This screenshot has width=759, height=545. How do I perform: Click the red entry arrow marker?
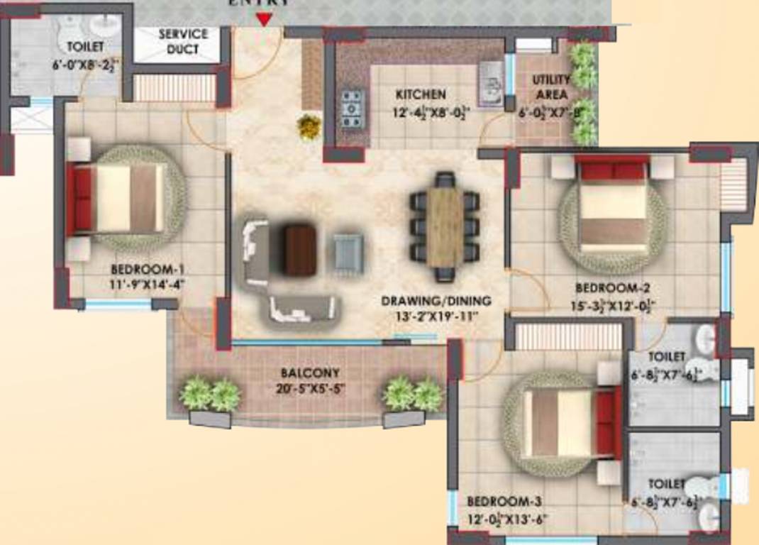[264, 18]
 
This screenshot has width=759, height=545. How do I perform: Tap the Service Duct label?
[183, 42]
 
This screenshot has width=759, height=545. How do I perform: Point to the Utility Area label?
[550, 87]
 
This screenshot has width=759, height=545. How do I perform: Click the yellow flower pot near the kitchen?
[309, 127]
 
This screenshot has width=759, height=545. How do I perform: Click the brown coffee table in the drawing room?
[299, 248]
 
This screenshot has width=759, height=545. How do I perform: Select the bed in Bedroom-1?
[117, 198]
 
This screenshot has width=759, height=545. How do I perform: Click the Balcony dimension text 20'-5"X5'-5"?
[309, 388]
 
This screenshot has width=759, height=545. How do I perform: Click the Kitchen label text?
[421, 94]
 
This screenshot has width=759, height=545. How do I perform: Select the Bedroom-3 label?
[505, 501]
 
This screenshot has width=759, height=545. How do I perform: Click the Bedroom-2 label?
[612, 288]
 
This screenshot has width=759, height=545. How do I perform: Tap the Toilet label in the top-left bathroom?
[85, 47]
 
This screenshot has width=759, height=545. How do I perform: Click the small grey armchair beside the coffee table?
[349, 252]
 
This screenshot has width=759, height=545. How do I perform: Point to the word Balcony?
[309, 373]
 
